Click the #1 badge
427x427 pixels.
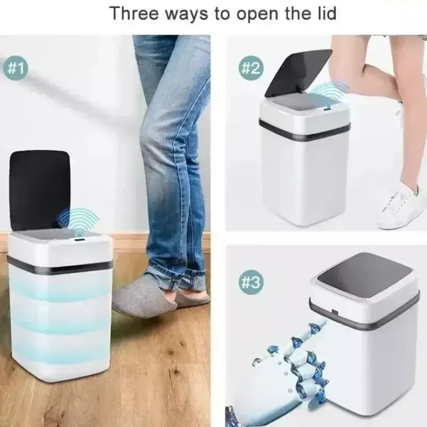tap(15, 68)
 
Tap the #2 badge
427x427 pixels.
tap(251, 68)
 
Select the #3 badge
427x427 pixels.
tap(251, 282)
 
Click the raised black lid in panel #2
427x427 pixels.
tap(298, 73)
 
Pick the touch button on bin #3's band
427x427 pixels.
tap(334, 312)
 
